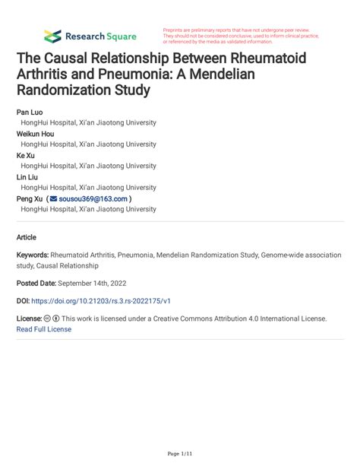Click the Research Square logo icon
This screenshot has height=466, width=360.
(x=52, y=36)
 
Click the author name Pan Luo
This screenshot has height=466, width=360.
(x=30, y=112)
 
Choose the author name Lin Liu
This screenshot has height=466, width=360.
(x=28, y=176)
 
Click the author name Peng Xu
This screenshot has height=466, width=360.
(x=30, y=198)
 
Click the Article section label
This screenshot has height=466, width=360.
(x=26, y=236)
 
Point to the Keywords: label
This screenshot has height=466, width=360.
(x=33, y=256)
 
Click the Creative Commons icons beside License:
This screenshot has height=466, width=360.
(x=52, y=319)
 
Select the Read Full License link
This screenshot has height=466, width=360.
(x=43, y=329)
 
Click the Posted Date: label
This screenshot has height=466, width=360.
(x=40, y=283)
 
